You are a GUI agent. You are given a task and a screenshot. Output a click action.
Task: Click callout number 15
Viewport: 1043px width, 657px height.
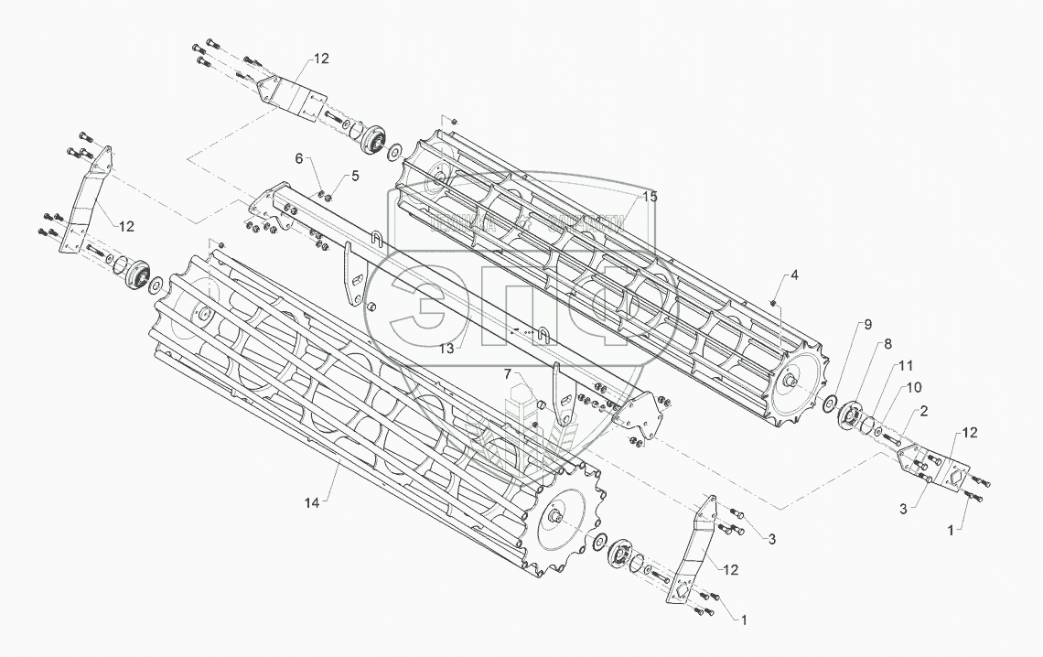(649, 197)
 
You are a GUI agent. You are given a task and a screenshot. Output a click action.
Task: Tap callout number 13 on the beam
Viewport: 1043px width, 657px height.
(446, 348)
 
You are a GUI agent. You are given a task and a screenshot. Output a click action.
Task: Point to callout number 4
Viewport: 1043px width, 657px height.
(794, 275)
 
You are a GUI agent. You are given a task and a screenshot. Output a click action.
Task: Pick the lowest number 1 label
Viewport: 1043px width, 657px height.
(744, 619)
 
